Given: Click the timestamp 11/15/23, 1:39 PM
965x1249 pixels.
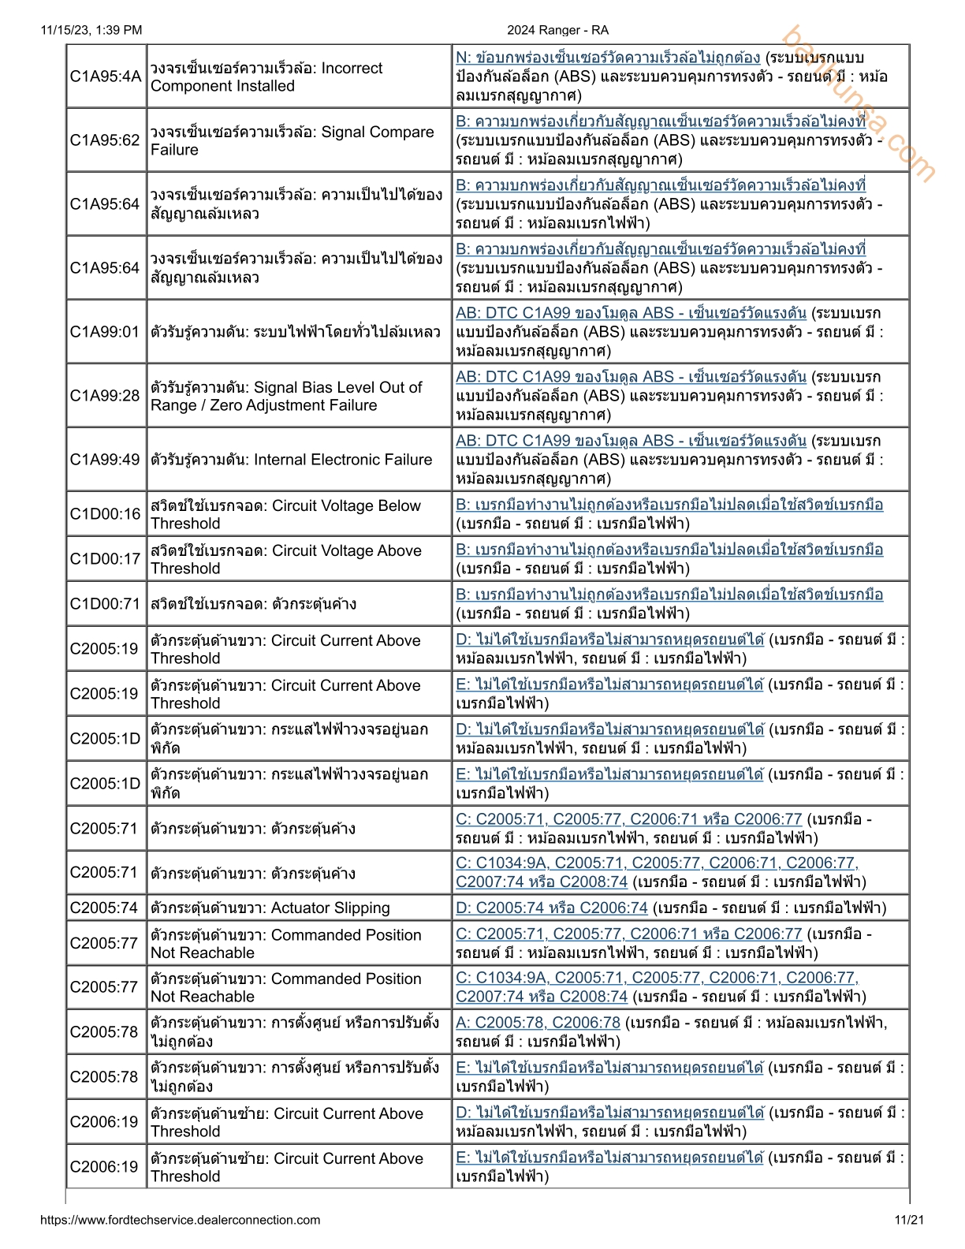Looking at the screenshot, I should point(91,30).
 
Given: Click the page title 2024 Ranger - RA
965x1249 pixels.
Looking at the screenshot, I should point(557,30).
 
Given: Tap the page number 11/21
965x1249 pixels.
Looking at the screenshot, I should point(909,1220).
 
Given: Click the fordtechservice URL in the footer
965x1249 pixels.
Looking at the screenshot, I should point(180,1220).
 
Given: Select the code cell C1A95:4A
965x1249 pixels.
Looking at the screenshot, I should point(106,76).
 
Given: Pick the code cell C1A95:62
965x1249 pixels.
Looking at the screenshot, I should point(106,140).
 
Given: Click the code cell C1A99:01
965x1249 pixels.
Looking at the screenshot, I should point(106,332).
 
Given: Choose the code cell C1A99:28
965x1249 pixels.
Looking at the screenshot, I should point(106,396).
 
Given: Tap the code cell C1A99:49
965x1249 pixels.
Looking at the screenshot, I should point(106,460).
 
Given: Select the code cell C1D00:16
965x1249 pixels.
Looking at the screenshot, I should point(106,514).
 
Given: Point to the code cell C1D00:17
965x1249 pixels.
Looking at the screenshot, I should point(106,559).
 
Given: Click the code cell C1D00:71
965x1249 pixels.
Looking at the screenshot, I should point(106,604).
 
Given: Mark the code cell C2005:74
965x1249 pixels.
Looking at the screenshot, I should point(106,908).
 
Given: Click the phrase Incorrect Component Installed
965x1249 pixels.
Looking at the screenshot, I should point(266,77).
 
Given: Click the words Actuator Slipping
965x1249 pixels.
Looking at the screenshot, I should point(330,908).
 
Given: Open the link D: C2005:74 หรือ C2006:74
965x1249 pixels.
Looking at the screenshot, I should point(552,908).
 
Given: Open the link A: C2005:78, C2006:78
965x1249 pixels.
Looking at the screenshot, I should point(538,1023).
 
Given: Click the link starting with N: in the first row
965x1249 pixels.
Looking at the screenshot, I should point(608,58).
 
